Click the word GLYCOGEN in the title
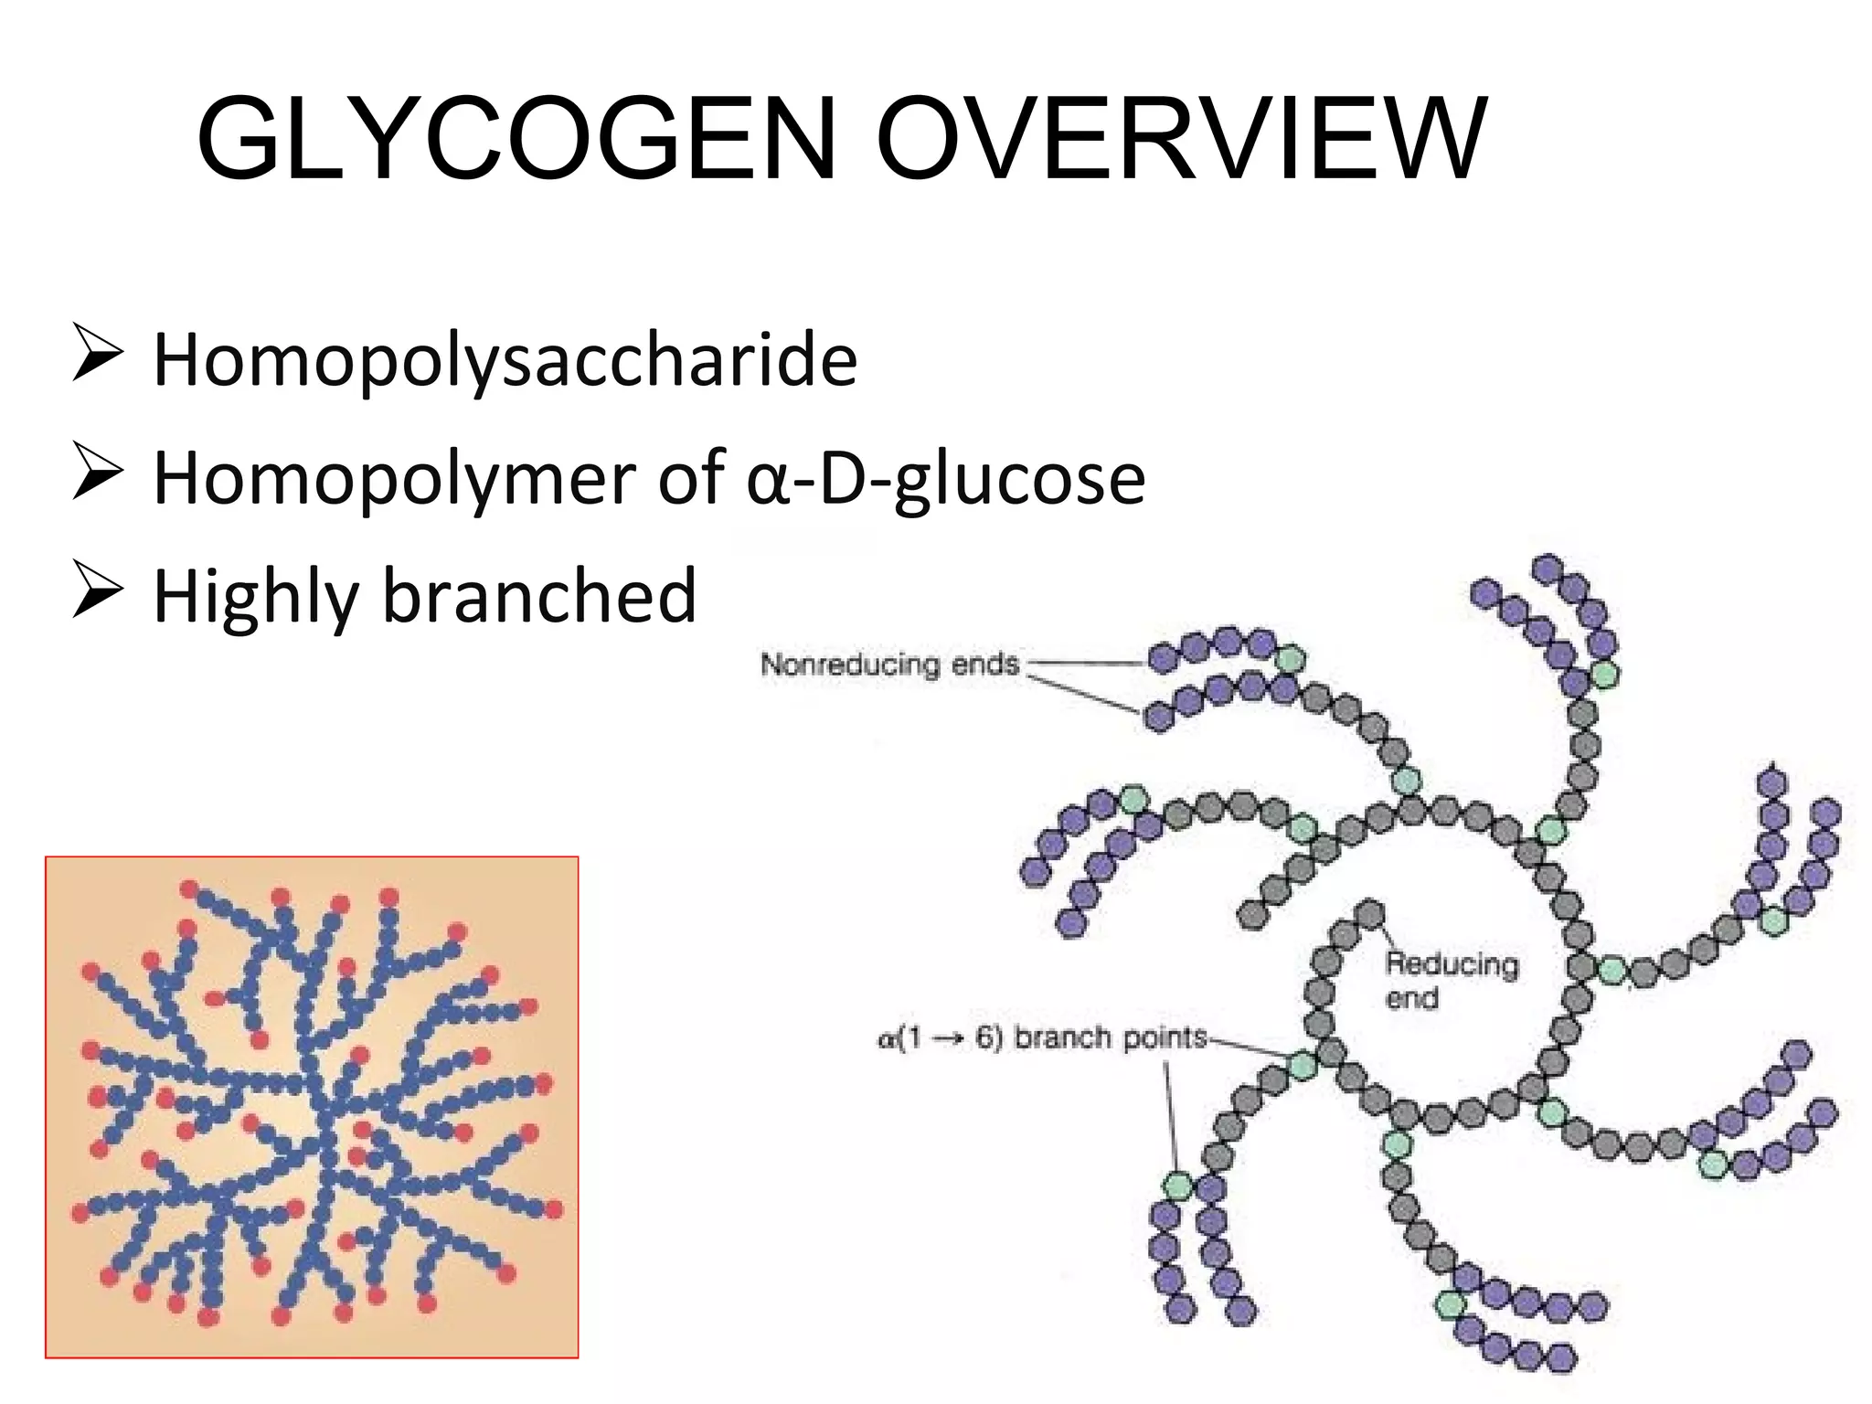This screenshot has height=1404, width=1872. tap(516, 139)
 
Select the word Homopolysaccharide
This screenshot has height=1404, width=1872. tap(505, 360)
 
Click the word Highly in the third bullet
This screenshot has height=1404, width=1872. tap(255, 597)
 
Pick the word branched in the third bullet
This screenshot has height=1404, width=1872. tap(539, 595)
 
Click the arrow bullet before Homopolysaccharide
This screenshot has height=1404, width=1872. tap(96, 356)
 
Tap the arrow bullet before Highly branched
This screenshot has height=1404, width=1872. tap(96, 592)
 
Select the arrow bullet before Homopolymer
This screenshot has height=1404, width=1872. tap(96, 474)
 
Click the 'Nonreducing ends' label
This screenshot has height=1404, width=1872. tap(889, 664)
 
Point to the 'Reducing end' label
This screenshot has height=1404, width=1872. tap(1451, 979)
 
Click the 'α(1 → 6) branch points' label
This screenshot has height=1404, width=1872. tap(1042, 1038)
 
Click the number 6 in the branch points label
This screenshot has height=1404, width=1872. tap(984, 1039)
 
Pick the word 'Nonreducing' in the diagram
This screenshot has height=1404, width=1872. tap(851, 664)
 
